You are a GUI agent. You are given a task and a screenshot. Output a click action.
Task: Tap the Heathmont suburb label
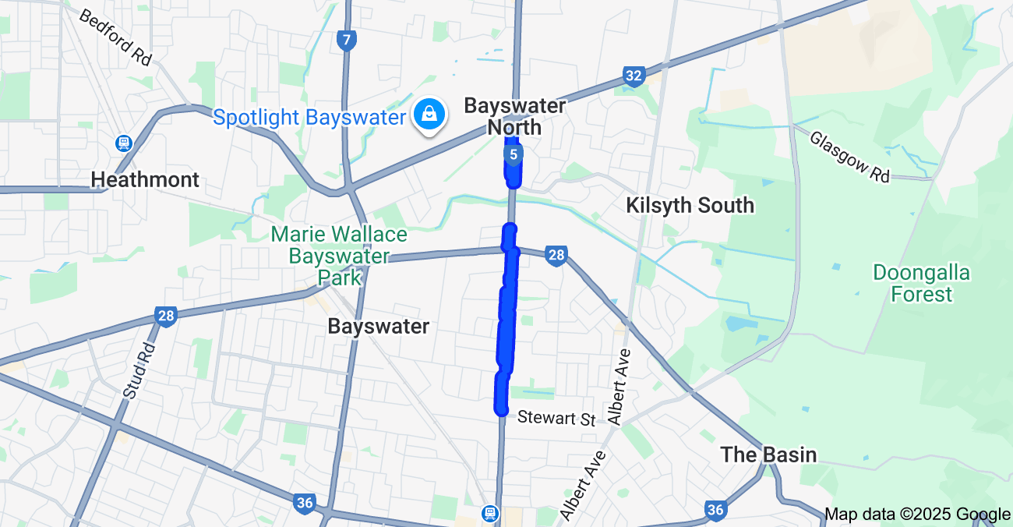click(145, 180)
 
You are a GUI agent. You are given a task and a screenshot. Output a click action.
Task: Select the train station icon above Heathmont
click(123, 143)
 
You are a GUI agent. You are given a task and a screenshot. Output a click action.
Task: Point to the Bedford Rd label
click(115, 37)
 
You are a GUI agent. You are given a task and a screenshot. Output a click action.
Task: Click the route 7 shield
click(348, 41)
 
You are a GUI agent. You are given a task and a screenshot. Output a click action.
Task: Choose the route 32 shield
click(634, 76)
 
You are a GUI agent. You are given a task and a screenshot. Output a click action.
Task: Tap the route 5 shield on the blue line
click(513, 154)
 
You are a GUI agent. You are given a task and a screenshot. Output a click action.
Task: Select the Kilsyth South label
click(690, 206)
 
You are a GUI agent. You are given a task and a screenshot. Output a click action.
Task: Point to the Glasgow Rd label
click(849, 157)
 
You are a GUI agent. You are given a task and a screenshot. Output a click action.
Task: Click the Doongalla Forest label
click(922, 283)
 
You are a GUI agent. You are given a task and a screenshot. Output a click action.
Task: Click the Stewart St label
click(556, 418)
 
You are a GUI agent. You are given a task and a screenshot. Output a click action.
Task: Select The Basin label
click(768, 454)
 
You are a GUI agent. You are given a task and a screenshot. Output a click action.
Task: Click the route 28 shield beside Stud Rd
click(165, 316)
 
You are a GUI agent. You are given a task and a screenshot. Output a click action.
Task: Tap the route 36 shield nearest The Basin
click(715, 510)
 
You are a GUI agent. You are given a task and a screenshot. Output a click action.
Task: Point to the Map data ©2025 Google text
click(917, 514)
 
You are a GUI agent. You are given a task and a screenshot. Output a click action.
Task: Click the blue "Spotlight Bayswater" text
click(309, 118)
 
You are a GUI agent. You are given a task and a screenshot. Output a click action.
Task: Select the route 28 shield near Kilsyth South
click(556, 255)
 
